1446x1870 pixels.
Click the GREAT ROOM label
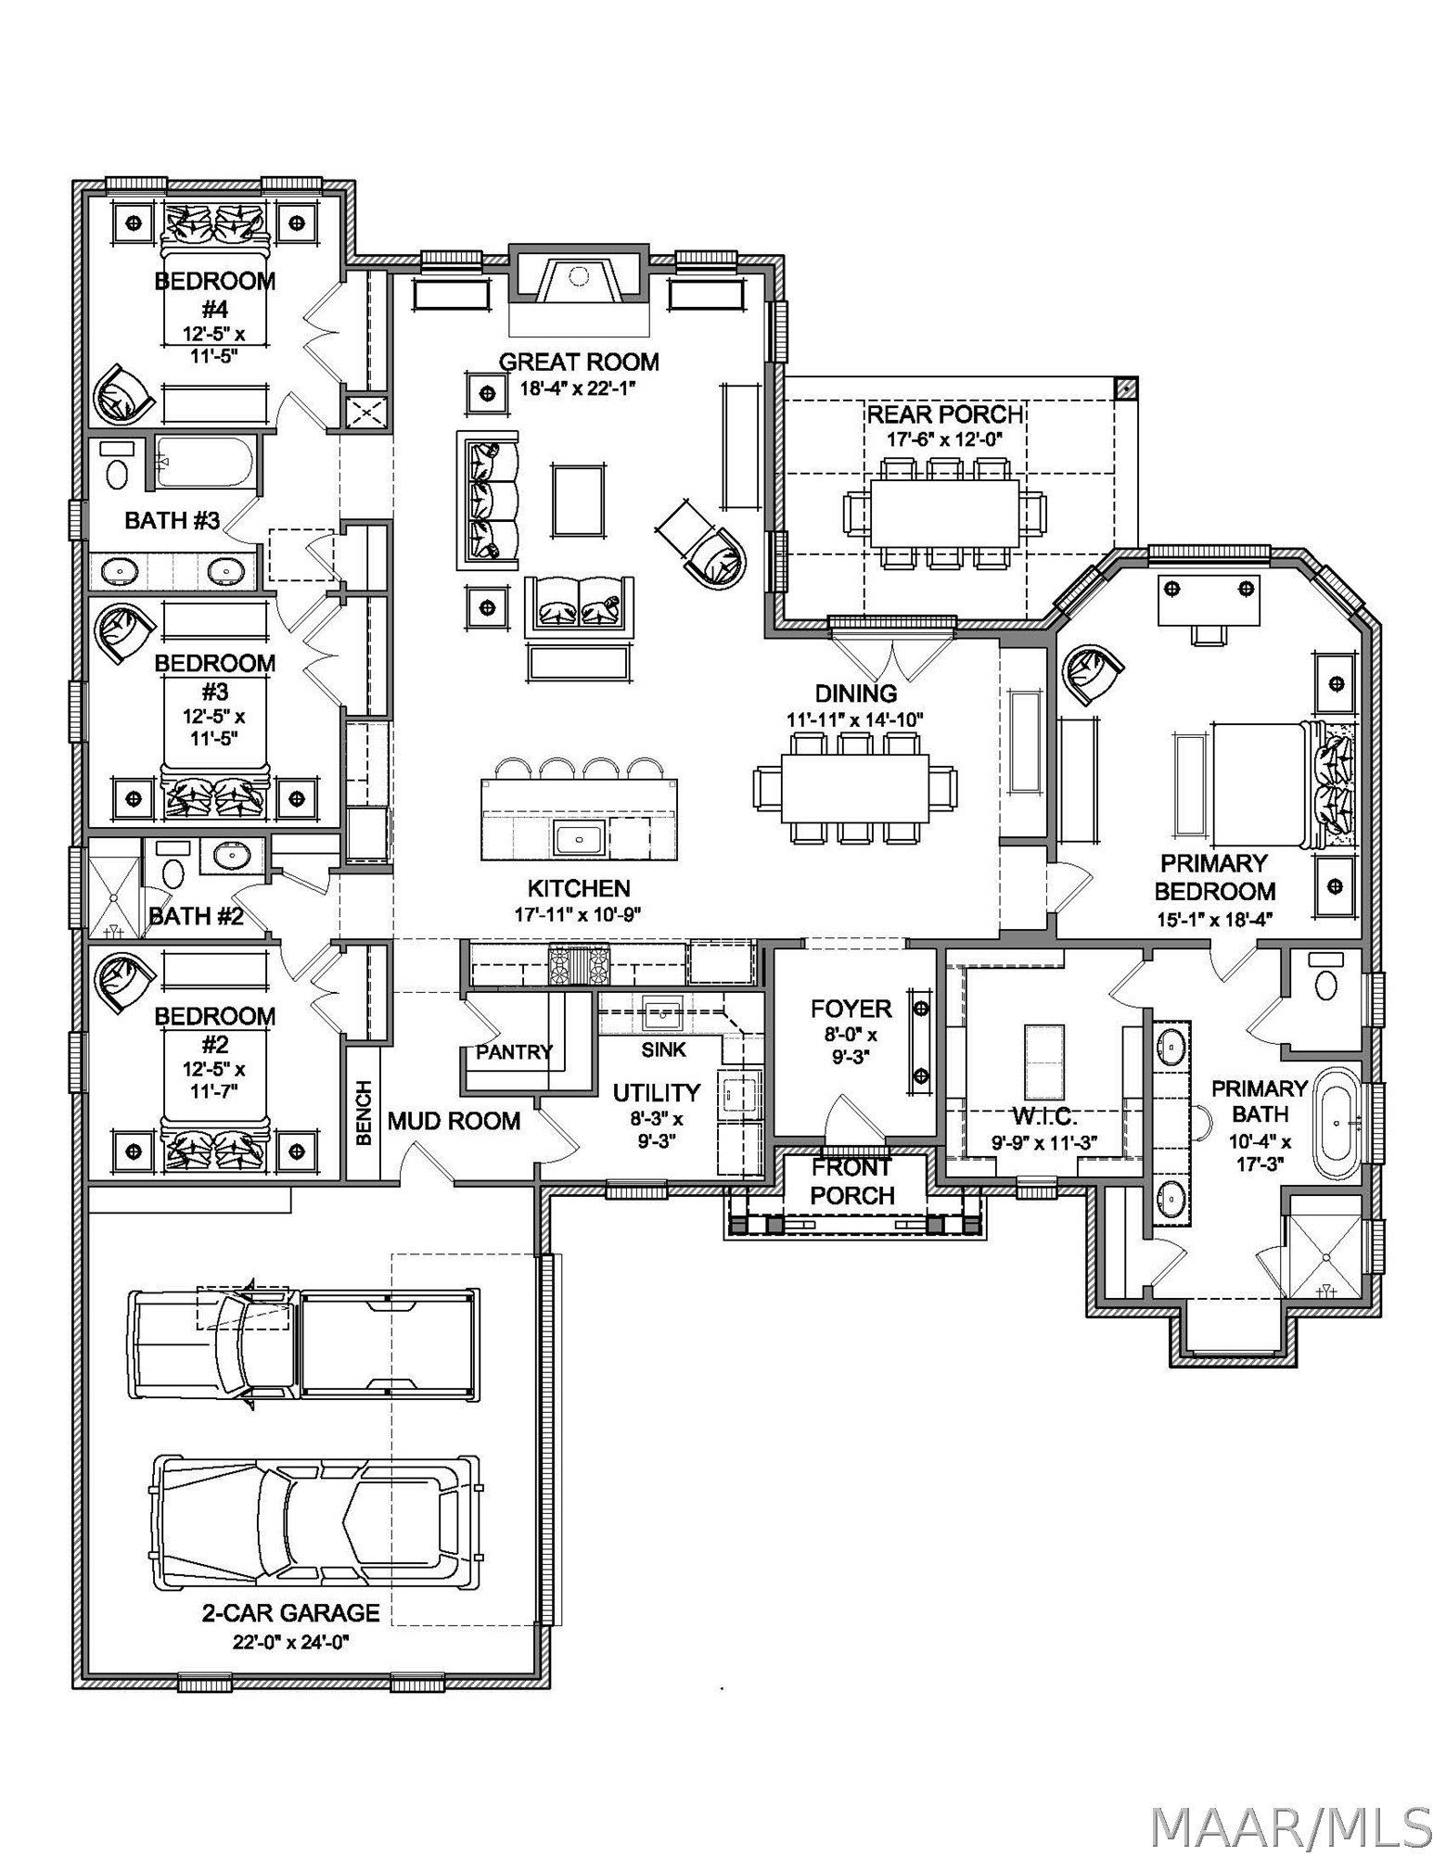pos(579,362)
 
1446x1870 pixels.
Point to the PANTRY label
pos(514,1051)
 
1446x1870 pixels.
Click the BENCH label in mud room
pos(364,1113)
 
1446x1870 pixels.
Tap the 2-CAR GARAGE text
pos(290,1613)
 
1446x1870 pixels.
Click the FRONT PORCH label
pos(851,1181)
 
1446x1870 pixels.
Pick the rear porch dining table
pos(944,512)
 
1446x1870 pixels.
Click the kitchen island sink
pos(579,839)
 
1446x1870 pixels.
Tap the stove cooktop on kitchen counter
pos(579,964)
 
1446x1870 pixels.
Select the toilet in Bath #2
pos(172,872)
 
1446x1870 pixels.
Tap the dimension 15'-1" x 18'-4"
pos(1214,919)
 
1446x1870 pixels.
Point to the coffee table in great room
pos(579,500)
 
